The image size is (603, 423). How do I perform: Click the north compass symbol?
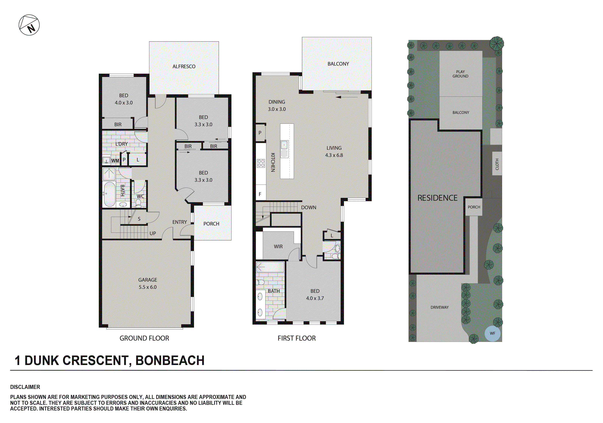[29, 25]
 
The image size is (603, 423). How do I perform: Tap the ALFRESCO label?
[184, 67]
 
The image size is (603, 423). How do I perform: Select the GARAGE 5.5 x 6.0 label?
[148, 284]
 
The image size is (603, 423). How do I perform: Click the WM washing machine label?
[115, 161]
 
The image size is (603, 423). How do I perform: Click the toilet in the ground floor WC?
[138, 203]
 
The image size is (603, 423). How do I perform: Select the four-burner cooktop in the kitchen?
[261, 163]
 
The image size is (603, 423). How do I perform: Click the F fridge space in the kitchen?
[260, 194]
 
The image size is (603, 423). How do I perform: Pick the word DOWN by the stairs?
[309, 208]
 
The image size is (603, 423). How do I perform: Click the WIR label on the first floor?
[278, 247]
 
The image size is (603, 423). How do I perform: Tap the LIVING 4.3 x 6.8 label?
[334, 152]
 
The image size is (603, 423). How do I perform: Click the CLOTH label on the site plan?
[497, 164]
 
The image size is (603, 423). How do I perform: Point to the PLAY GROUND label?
[460, 74]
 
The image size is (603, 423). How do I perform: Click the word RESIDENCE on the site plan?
[437, 198]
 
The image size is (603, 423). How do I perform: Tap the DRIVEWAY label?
[440, 307]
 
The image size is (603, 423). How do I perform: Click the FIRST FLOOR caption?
[297, 338]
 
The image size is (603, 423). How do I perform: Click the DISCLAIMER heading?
[25, 387]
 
